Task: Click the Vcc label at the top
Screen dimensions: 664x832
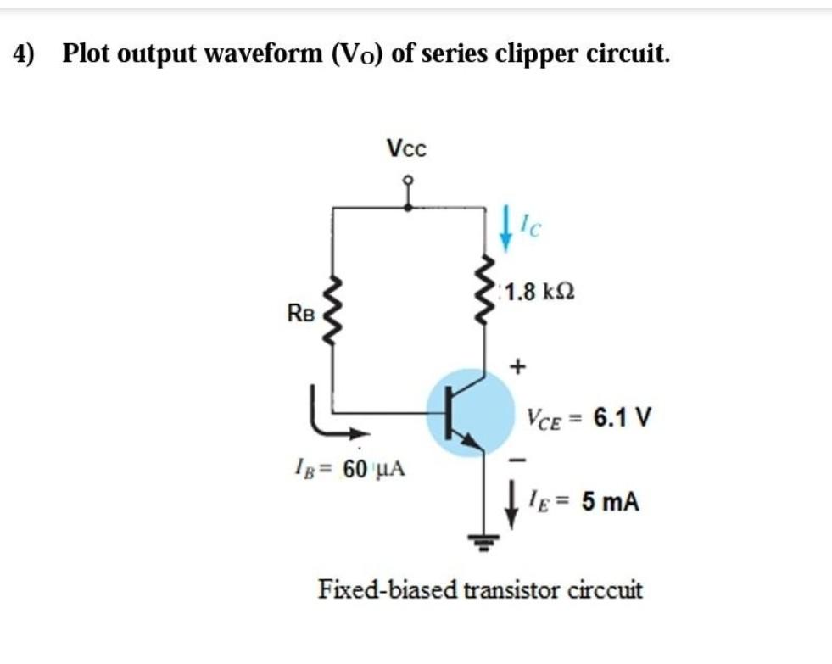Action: pyautogui.click(x=407, y=148)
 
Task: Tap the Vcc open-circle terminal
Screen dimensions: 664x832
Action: pyautogui.click(x=408, y=180)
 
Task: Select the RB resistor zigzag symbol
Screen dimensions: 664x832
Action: pyautogui.click(x=331, y=310)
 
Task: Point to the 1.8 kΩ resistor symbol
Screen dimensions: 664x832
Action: pyautogui.click(x=484, y=293)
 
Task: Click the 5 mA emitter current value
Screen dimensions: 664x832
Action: pyautogui.click(x=611, y=502)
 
